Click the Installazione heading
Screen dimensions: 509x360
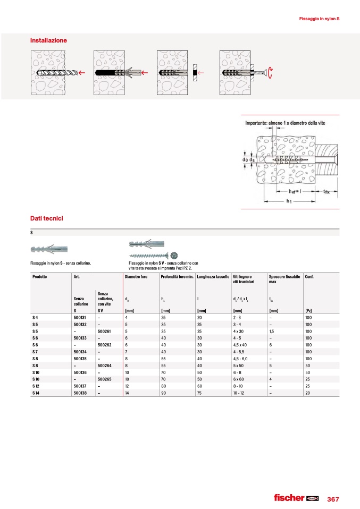coord(49,40)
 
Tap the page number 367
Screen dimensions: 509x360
coord(333,499)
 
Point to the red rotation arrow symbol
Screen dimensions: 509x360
coord(271,73)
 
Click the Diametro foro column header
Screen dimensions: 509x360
coord(136,277)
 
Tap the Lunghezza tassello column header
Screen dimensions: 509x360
coord(213,277)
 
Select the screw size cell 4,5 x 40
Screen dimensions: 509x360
coord(241,345)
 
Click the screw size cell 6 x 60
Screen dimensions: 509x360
coord(238,379)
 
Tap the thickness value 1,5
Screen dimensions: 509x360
coord(272,331)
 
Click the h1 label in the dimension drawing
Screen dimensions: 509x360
coord(289,201)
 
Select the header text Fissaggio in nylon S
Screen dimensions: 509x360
coord(319,19)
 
